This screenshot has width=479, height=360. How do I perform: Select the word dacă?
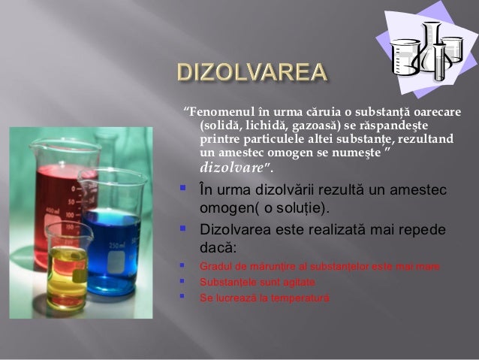point(218,247)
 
